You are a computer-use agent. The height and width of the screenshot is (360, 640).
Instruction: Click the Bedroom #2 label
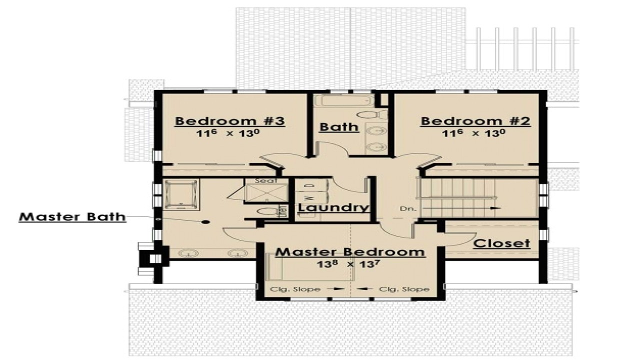coord(475,121)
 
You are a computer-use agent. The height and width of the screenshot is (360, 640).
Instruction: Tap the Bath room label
coord(339,126)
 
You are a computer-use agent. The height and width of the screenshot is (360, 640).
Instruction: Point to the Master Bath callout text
coord(72,217)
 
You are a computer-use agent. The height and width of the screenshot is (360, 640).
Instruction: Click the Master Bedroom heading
coord(350,251)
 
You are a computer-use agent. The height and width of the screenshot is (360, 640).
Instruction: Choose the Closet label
coord(501,243)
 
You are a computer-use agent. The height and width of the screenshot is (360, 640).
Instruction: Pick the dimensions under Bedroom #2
coord(475,133)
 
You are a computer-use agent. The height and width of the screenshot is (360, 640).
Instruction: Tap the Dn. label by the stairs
coord(406,207)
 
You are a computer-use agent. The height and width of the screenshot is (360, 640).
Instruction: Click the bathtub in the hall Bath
coord(338,101)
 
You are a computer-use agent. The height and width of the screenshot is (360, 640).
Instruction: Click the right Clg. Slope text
coord(404,289)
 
